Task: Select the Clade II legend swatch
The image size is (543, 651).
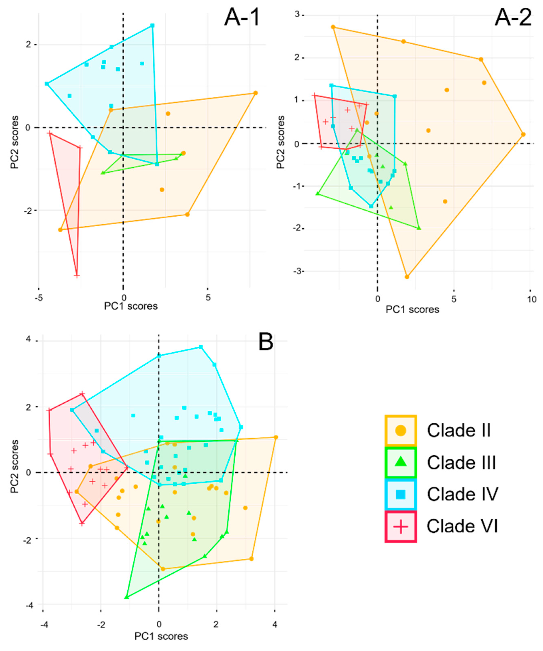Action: (400, 430)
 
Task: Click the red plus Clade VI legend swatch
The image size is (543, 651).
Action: (400, 526)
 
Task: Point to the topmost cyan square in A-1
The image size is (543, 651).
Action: (152, 26)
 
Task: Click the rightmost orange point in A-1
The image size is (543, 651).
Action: (255, 93)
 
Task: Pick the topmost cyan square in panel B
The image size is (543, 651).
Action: (201, 347)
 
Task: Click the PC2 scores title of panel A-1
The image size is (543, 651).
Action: (14, 142)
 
